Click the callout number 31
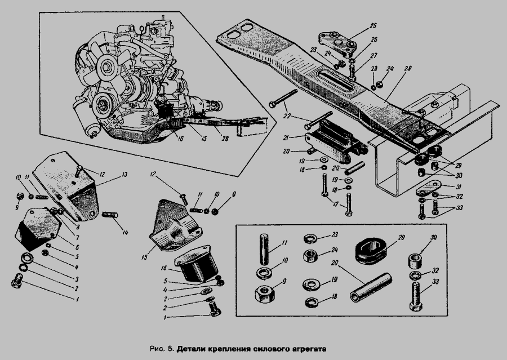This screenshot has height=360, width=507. pos(459,187)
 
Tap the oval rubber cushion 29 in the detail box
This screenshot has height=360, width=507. pos(370,250)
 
